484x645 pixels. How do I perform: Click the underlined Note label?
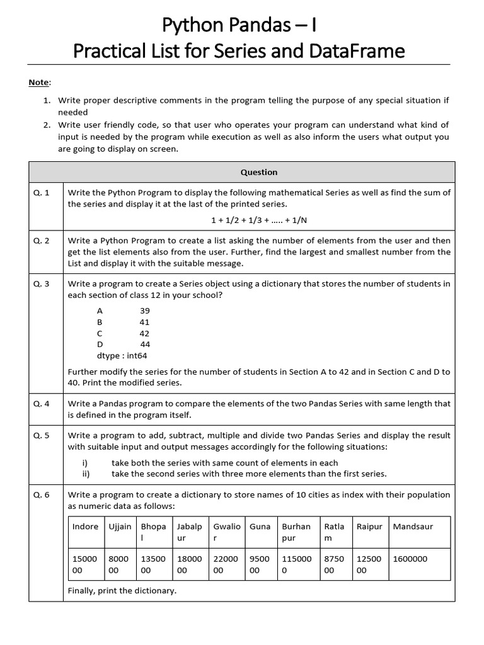[x=37, y=83]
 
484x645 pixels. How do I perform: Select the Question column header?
[x=258, y=172]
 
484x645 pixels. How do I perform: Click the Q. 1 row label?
[x=42, y=193]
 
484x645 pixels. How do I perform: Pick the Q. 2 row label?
[x=42, y=241]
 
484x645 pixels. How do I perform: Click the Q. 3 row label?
[x=42, y=283]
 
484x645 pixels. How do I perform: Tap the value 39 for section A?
[x=144, y=311]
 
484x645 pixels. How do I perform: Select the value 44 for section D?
[x=145, y=345]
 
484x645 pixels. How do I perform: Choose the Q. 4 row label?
[x=42, y=404]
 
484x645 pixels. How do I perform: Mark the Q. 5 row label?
[x=42, y=436]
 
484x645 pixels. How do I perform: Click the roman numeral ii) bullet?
[x=86, y=474]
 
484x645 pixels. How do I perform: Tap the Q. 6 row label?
[x=42, y=495]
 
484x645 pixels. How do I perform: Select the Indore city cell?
[x=85, y=527]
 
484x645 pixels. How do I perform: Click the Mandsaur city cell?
[x=413, y=527]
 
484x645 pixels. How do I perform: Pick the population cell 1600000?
[x=410, y=559]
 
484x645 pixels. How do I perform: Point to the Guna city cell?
[x=260, y=527]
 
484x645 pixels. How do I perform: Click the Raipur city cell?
[x=369, y=527]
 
